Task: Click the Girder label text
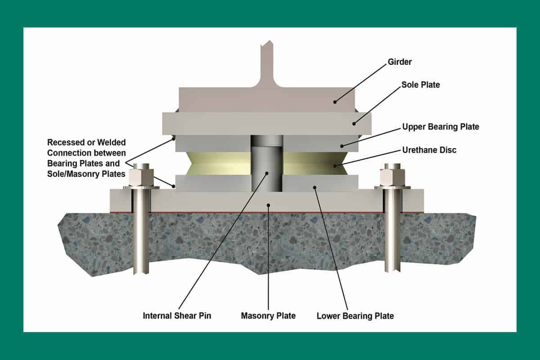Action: point(399,62)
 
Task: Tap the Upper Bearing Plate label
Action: point(440,127)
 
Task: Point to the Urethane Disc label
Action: point(429,150)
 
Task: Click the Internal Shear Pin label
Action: point(177,315)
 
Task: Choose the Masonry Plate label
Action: point(268,315)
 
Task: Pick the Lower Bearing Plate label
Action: point(355,315)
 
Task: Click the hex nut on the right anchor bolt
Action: point(390,177)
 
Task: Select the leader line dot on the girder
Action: point(335,102)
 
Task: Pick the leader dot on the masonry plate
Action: point(268,205)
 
